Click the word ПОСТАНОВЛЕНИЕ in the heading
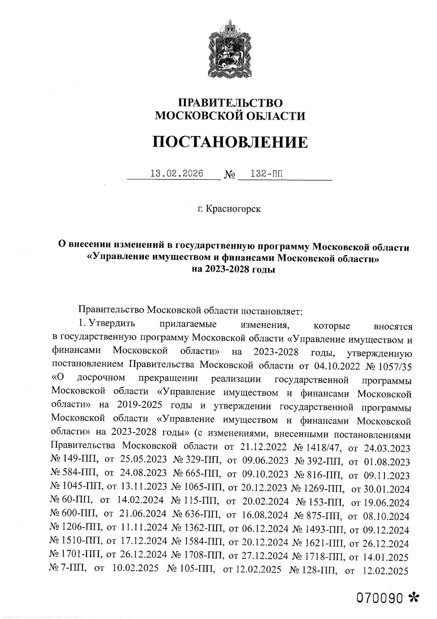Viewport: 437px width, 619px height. tap(230, 142)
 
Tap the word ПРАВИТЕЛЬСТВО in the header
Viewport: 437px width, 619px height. tap(230, 102)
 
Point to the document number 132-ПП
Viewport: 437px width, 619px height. tap(262, 173)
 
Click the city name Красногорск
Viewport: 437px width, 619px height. tap(233, 209)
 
